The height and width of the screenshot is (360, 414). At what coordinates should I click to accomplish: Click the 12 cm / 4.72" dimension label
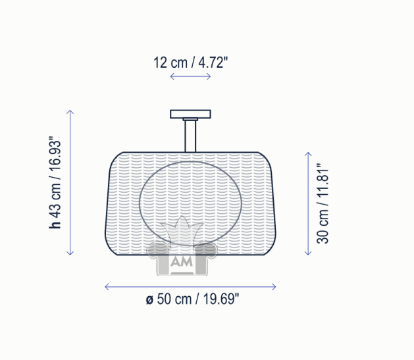click(190, 63)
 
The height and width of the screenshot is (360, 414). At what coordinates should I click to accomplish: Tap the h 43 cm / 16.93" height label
click(55, 182)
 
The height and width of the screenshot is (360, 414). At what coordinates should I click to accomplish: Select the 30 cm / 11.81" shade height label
click(323, 203)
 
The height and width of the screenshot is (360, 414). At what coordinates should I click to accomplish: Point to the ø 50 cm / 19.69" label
click(192, 299)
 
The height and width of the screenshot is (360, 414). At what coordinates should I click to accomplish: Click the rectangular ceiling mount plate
click(190, 114)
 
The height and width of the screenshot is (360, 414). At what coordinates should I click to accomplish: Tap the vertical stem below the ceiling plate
click(190, 136)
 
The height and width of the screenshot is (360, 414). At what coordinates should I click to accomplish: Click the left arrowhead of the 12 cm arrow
click(172, 76)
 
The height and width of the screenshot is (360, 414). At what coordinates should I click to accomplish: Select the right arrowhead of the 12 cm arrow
click(209, 76)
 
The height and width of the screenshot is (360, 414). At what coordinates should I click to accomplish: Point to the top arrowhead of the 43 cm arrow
click(70, 112)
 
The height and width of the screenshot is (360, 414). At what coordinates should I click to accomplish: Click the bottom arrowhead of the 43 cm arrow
click(70, 253)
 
